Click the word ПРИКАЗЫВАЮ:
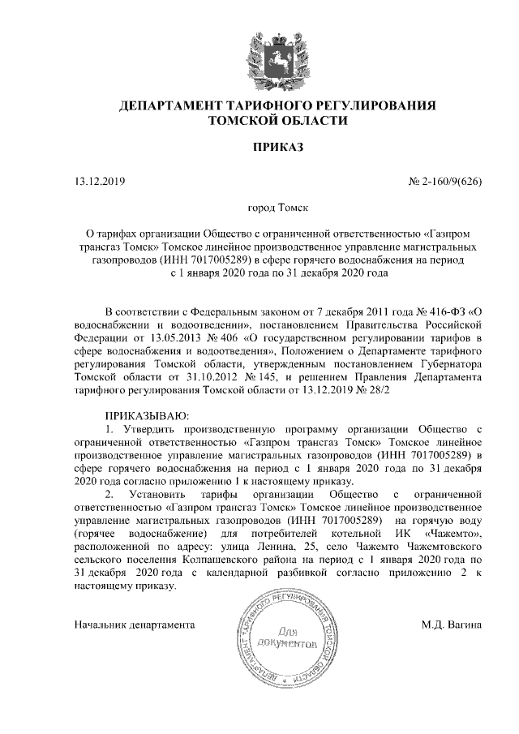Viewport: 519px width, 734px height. point(147,414)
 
